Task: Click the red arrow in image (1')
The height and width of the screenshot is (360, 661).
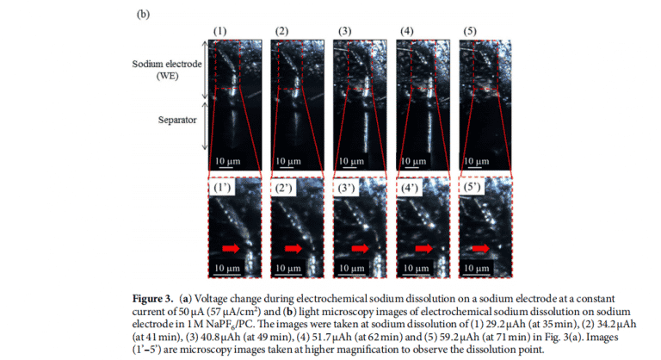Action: (231, 248)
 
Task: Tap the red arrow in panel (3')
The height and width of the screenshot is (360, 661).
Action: (360, 248)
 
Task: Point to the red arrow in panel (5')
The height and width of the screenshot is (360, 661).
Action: (480, 248)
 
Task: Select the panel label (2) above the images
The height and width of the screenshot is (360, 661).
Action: (281, 31)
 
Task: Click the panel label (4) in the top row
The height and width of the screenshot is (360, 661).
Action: (407, 31)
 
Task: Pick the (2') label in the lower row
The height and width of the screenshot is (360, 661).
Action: (283, 188)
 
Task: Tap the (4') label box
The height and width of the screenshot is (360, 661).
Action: (410, 188)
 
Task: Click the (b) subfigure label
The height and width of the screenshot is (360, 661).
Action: (143, 14)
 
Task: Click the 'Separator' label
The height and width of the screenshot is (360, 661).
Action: (177, 120)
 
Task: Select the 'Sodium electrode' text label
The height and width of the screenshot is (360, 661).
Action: (167, 64)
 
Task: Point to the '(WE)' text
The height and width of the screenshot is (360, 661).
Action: (167, 76)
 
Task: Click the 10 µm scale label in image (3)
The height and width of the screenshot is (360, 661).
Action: (351, 161)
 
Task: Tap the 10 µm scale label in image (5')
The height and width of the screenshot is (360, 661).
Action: (476, 268)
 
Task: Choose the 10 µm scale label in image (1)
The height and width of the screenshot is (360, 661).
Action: (227, 161)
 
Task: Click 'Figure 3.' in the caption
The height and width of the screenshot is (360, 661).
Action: (152, 299)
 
